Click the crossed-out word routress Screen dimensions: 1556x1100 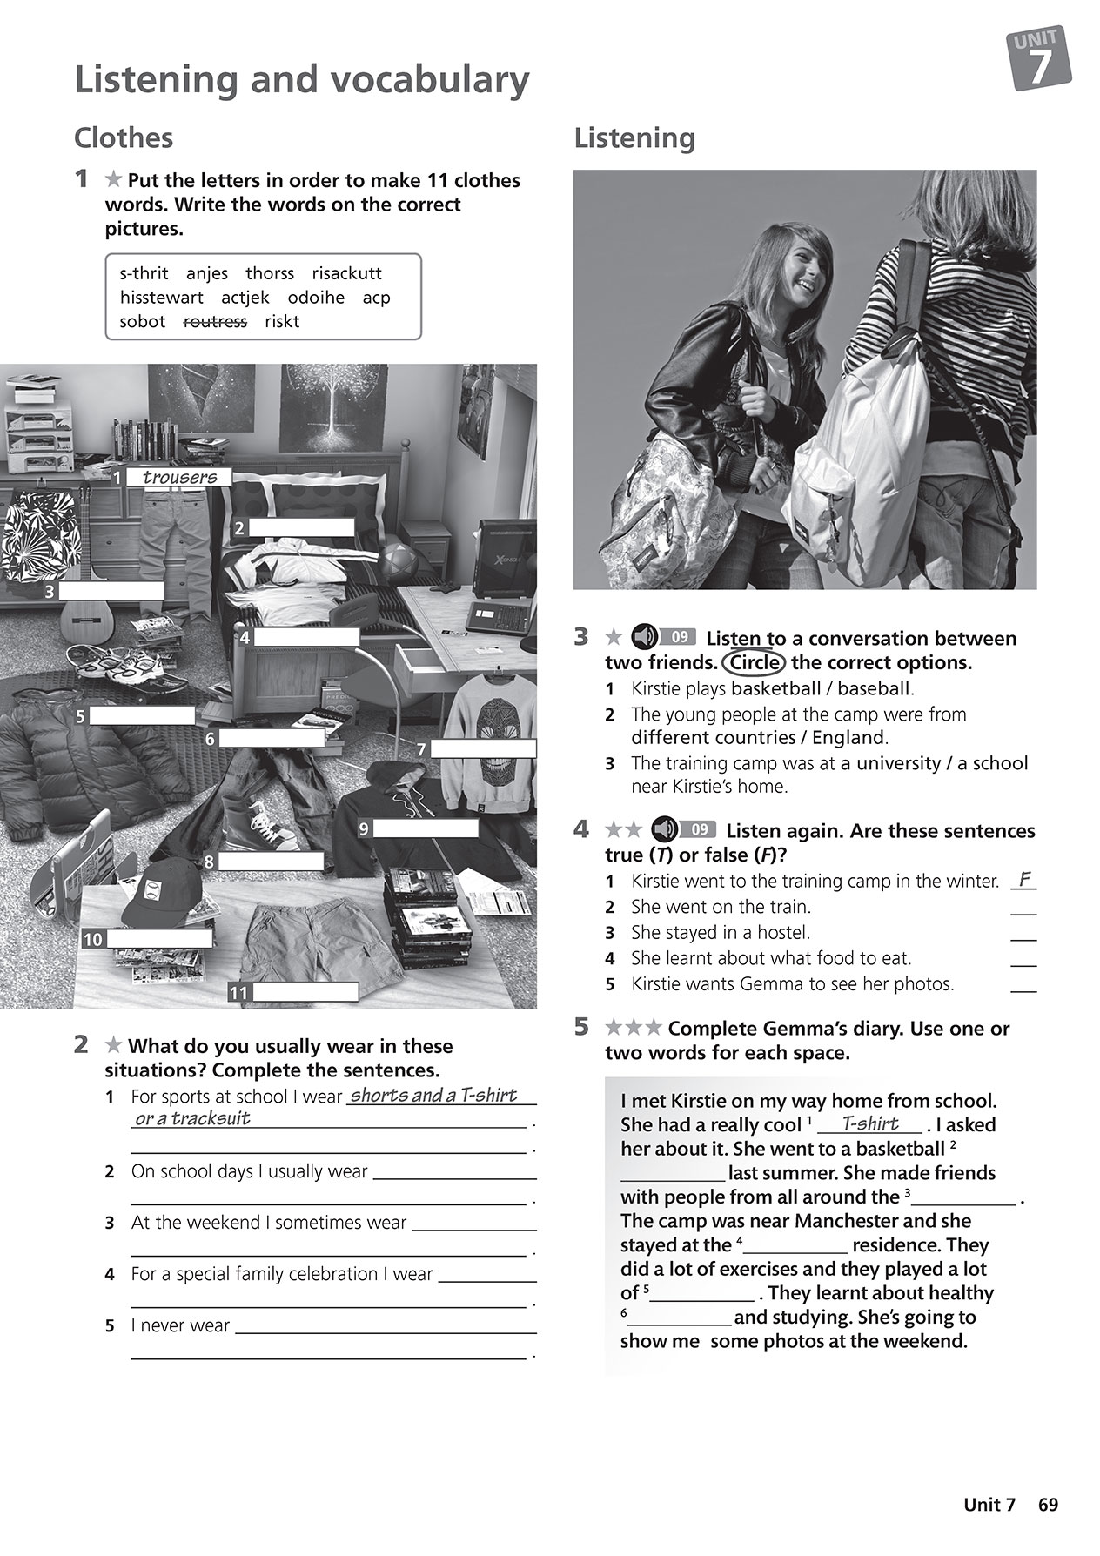215,321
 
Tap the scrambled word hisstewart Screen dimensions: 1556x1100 161,298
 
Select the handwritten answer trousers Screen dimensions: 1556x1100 179,477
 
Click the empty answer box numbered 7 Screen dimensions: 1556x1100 483,748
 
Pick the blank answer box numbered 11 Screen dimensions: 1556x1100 305,992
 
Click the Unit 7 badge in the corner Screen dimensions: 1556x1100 1040,59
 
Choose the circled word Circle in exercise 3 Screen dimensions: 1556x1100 753,662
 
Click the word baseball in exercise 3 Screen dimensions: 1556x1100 873,688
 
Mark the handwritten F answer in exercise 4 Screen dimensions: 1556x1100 1025,879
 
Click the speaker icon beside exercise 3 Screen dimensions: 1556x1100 644,637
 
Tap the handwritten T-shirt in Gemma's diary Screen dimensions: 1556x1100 870,1123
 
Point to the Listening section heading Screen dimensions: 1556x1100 634,137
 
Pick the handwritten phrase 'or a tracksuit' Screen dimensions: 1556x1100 192,1119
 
